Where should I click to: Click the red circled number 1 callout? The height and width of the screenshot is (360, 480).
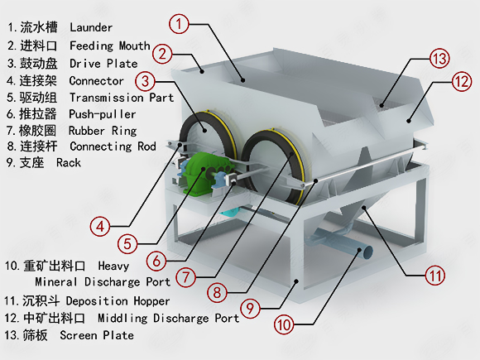[179, 23]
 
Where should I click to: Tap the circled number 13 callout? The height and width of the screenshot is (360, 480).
[439, 58]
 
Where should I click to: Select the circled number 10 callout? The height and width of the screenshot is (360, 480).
[284, 324]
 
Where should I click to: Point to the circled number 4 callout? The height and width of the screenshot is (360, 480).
[100, 227]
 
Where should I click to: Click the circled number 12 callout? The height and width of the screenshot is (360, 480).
[462, 82]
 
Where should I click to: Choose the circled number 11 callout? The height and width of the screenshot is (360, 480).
[435, 276]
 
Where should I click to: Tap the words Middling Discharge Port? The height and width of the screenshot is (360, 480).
[168, 319]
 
